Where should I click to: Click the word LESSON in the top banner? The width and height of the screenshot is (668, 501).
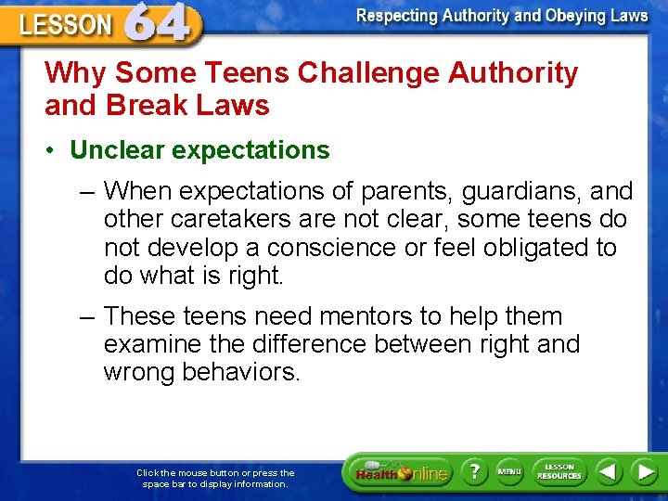click(x=65, y=26)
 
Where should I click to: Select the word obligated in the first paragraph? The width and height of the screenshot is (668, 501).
click(x=537, y=248)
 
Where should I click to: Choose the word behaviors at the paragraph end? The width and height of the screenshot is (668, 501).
click(x=245, y=372)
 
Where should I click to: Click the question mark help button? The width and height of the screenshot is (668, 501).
click(x=473, y=471)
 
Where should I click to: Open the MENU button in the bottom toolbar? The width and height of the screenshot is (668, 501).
click(x=508, y=471)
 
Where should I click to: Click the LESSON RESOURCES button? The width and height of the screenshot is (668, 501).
click(x=559, y=471)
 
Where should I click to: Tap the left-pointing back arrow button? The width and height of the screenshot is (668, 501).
click(x=608, y=471)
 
